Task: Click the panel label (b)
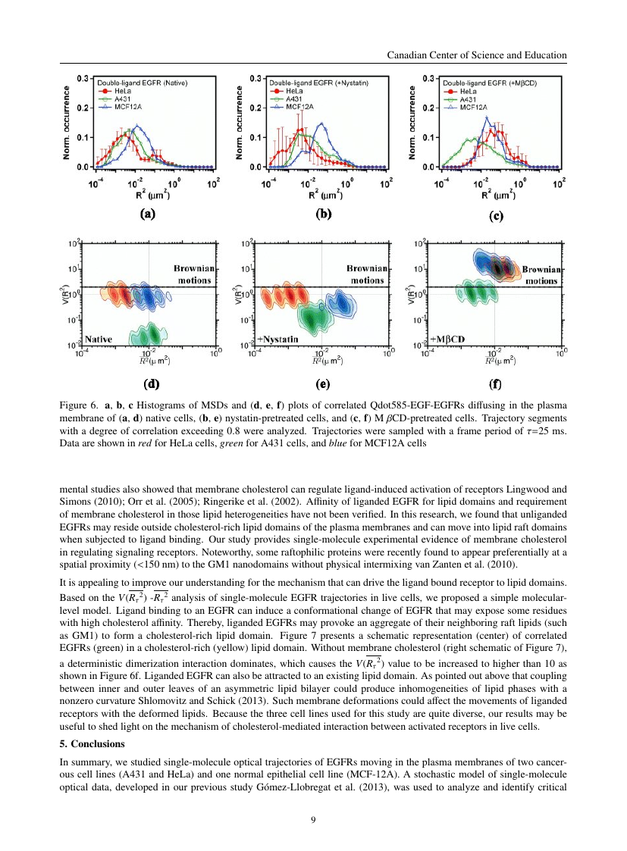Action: point(324,214)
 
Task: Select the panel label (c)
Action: point(496,216)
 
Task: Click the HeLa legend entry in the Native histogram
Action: point(118,90)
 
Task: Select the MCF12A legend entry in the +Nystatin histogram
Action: point(293,108)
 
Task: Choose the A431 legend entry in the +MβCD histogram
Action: point(465,99)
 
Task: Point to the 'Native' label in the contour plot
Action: point(99,339)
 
